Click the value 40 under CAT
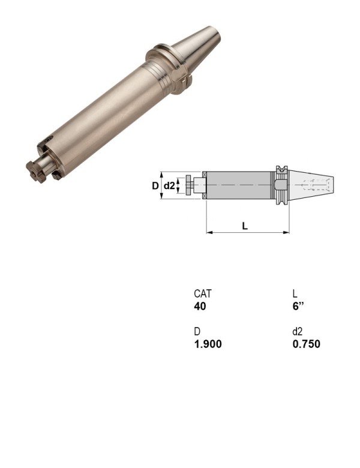pos(200,306)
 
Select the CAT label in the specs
pos(203,294)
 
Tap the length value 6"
pos(298,306)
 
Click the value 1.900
pos(208,344)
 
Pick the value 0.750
pos(306,344)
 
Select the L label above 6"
pos(295,294)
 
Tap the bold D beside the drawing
pos(155,186)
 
